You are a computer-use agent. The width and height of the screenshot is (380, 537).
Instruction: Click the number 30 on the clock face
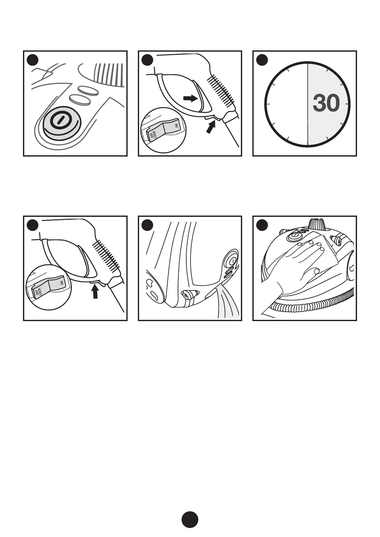[326, 104]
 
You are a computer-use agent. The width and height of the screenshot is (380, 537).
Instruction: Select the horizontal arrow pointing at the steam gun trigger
[190, 99]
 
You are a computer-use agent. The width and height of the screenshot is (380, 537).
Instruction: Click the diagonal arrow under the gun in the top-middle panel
[211, 128]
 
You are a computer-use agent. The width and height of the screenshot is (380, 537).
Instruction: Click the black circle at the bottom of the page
[190, 520]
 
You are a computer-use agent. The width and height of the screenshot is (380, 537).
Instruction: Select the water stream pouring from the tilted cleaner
[228, 303]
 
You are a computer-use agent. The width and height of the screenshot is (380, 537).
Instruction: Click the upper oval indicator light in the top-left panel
[88, 91]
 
